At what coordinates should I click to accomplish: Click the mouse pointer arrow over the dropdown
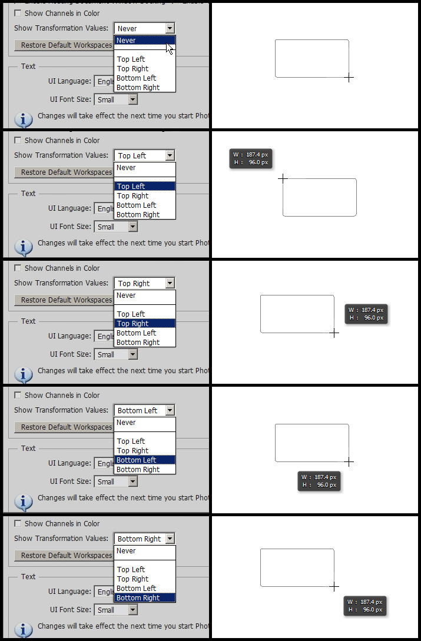tap(170, 49)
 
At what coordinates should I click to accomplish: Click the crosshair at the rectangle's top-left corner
tap(283, 179)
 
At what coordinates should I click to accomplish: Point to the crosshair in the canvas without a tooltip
tap(349, 77)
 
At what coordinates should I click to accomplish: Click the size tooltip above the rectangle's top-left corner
tap(251, 158)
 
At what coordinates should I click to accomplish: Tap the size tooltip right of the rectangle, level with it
tap(366, 314)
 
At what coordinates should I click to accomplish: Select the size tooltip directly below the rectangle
tap(319, 481)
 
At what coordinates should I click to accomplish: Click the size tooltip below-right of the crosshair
tap(365, 606)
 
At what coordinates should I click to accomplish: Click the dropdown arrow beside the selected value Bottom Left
tap(170, 410)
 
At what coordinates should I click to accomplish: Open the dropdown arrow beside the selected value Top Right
tap(170, 283)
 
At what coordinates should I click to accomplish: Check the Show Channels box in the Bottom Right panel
tap(18, 523)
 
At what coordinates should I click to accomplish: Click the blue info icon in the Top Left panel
tap(24, 247)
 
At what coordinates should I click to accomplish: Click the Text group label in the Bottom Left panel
tap(28, 449)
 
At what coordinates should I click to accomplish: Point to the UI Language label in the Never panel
tap(69, 81)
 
